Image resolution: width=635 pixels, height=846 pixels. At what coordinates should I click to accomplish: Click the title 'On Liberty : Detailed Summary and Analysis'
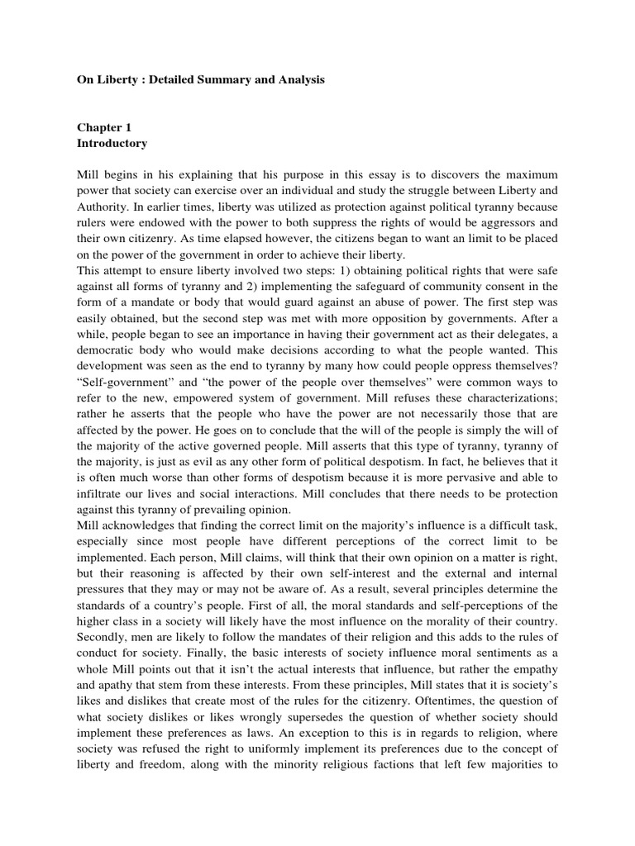(201, 80)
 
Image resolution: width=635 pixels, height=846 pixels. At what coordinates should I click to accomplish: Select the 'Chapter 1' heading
(104, 128)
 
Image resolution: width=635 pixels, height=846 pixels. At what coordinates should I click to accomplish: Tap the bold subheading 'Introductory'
(112, 144)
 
